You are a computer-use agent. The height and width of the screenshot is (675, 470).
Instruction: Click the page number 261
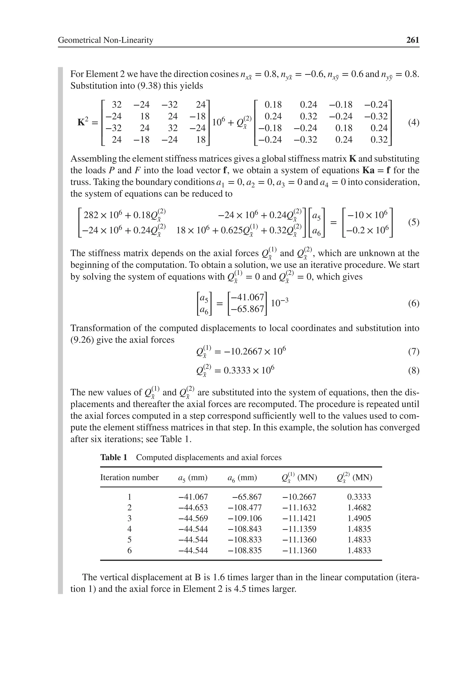[x=412, y=40]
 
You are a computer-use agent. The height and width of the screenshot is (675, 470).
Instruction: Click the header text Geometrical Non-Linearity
[x=106, y=40]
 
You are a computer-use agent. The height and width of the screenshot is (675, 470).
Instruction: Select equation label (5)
[x=414, y=222]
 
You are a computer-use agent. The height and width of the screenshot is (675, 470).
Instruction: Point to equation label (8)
[x=414, y=371]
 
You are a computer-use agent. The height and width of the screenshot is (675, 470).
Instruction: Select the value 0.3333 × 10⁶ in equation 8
[x=249, y=370]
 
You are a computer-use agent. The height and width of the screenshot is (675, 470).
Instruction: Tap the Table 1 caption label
[x=114, y=457]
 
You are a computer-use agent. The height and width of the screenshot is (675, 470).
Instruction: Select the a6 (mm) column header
[x=242, y=478]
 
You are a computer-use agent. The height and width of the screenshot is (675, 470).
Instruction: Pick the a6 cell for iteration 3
[x=245, y=518]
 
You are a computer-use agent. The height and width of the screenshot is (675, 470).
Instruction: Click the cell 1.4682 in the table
[x=359, y=508]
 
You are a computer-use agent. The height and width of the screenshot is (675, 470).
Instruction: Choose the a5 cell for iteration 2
[x=193, y=508]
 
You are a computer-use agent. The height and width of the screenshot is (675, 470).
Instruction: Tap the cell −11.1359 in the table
[x=299, y=529]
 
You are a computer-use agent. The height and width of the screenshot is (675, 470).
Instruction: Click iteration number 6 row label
[x=129, y=550]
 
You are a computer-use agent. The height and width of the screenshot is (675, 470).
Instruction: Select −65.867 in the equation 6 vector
[x=247, y=309]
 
